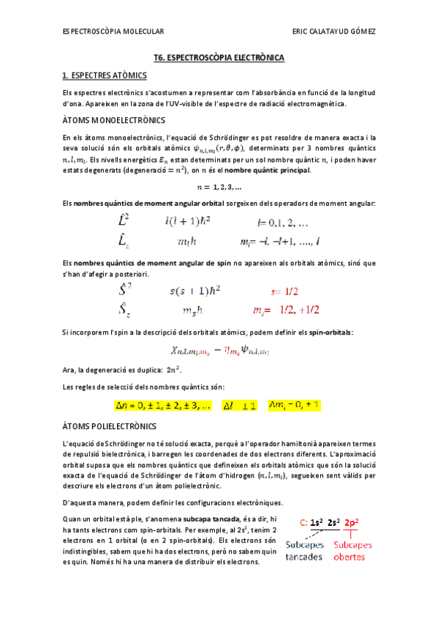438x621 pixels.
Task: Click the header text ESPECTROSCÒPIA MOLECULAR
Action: (113, 31)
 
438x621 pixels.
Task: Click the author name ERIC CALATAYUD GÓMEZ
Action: (333, 31)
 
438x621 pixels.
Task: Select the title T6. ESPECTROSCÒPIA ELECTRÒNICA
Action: (219, 57)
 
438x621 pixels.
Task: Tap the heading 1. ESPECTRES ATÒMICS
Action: (105, 75)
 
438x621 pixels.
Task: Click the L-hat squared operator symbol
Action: (124, 220)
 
